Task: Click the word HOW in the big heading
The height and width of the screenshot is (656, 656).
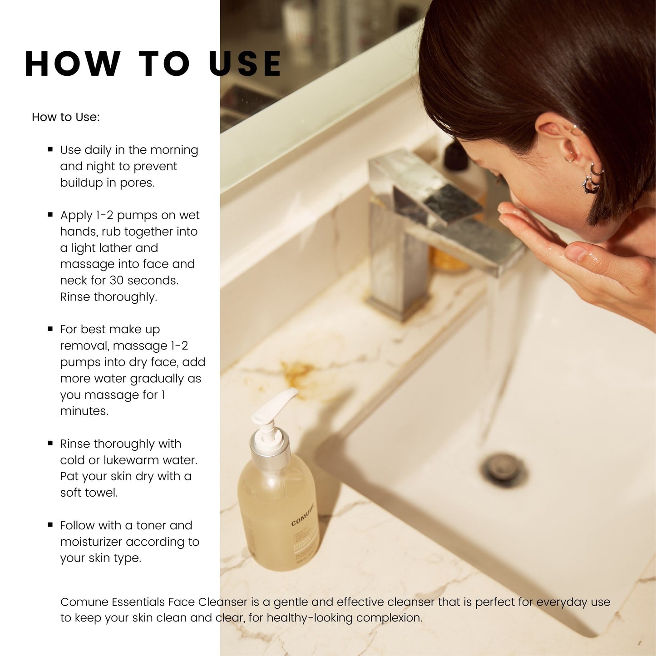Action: click(x=73, y=64)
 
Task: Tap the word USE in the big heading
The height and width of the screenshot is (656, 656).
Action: click(x=245, y=64)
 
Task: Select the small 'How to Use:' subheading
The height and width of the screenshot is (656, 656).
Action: click(x=66, y=117)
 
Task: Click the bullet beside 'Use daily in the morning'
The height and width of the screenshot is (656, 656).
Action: click(x=50, y=149)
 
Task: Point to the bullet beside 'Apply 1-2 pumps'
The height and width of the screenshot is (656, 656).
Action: click(x=50, y=215)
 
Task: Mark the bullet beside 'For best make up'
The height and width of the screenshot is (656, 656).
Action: click(x=50, y=329)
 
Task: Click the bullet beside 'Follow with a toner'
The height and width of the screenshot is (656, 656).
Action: click(x=50, y=525)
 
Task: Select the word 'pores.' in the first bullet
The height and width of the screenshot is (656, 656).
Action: click(x=137, y=183)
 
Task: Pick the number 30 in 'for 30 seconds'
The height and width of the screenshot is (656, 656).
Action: click(x=117, y=281)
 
